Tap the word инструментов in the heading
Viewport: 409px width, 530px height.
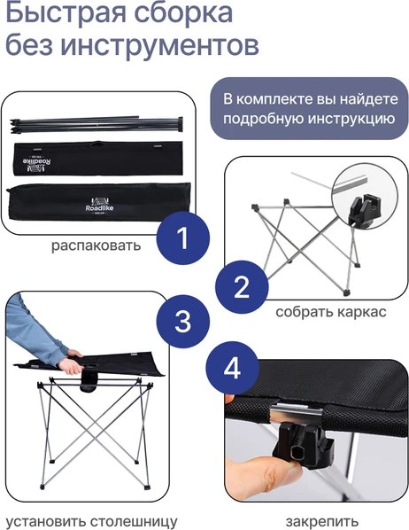[x=161, y=45]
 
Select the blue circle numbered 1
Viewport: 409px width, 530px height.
[x=182, y=238]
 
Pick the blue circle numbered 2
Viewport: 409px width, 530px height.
[x=242, y=287]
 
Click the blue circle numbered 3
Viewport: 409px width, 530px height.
[x=182, y=321]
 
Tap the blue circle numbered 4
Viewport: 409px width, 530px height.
[x=232, y=368]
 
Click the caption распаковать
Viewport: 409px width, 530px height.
[x=96, y=246]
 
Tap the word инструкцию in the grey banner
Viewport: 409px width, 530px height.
[x=351, y=120]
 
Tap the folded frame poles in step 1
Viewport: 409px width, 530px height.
[x=96, y=124]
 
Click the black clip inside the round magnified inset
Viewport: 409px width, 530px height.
[x=364, y=210]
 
